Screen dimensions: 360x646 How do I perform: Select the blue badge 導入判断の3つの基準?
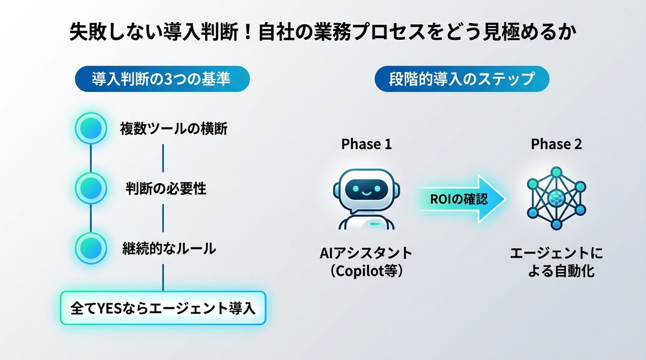[161, 80]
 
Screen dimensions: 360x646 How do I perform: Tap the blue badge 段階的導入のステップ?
[461, 80]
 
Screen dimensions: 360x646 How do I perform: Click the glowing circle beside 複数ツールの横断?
[90, 129]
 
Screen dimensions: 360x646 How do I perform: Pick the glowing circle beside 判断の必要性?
[90, 188]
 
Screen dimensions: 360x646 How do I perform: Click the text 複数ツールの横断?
[173, 129]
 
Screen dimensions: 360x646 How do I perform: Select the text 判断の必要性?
[166, 189]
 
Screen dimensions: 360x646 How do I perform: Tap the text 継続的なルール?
[169, 249]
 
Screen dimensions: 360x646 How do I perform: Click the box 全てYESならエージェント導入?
[163, 308]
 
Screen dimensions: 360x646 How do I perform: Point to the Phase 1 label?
[367, 144]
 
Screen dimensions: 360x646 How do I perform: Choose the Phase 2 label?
[556, 144]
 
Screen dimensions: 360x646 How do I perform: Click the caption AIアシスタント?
[366, 253]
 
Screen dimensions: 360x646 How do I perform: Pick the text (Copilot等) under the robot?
[366, 271]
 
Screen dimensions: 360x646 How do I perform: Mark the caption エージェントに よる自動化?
[556, 262]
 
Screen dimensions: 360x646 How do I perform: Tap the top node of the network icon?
[555, 172]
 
